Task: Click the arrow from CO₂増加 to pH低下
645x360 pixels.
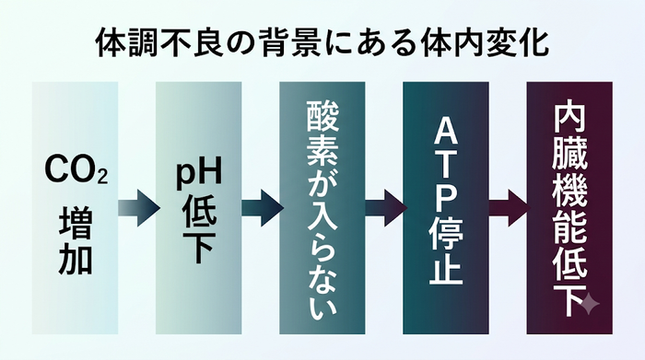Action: [138, 208]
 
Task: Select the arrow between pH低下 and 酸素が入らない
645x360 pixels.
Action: [263, 208]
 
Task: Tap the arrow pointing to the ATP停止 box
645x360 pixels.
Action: [386, 208]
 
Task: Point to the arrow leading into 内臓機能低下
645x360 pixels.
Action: [510, 208]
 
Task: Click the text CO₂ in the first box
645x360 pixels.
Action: [76, 168]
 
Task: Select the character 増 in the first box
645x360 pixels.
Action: [76, 224]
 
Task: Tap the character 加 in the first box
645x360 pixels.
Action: [76, 260]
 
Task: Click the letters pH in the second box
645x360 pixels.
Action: [199, 173]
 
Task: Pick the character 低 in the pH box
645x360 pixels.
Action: [199, 211]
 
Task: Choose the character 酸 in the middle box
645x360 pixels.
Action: [322, 118]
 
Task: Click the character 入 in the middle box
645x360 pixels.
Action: [322, 226]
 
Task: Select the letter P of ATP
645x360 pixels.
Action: [446, 198]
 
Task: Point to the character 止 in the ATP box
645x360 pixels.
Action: [446, 268]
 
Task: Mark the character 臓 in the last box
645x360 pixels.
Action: [569, 153]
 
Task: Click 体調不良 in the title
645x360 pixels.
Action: [159, 42]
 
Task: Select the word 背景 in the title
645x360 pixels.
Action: [289, 42]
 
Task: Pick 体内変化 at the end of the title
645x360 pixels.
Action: [485, 42]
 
